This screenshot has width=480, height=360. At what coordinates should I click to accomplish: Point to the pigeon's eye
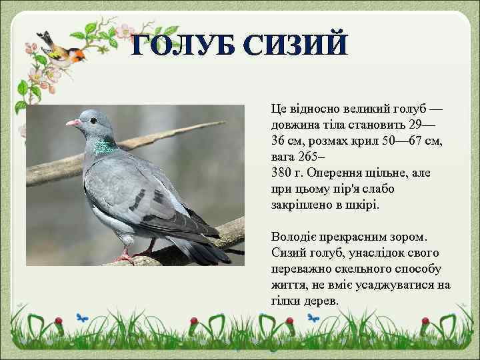pyautogui.click(x=91, y=121)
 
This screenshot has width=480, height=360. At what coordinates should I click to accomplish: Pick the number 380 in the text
pyautogui.click(x=281, y=173)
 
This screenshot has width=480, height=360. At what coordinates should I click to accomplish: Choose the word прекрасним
pyautogui.click(x=361, y=237)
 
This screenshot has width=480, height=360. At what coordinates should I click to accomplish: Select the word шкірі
pyautogui.click(x=363, y=205)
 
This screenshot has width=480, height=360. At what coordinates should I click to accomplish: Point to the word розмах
pyautogui.click(x=324, y=141)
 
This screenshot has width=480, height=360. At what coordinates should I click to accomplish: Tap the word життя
pyautogui.click(x=287, y=285)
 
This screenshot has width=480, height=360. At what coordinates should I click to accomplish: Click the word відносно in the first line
pyautogui.click(x=316, y=109)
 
